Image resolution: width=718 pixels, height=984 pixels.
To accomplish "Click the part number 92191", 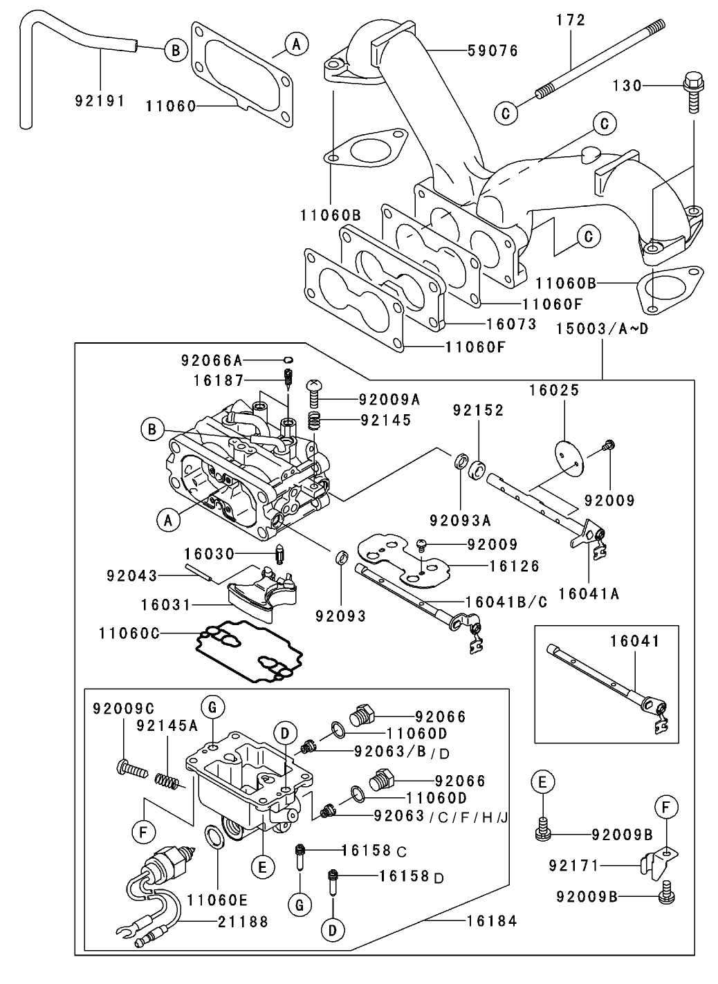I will pyautogui.click(x=100, y=101).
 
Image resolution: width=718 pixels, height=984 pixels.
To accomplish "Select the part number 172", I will pyautogui.click(x=571, y=20).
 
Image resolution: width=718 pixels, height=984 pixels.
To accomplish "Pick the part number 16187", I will pyautogui.click(x=219, y=380).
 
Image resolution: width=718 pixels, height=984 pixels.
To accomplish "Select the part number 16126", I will pyautogui.click(x=514, y=566).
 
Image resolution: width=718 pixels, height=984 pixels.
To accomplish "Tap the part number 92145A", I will pyautogui.click(x=167, y=725).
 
